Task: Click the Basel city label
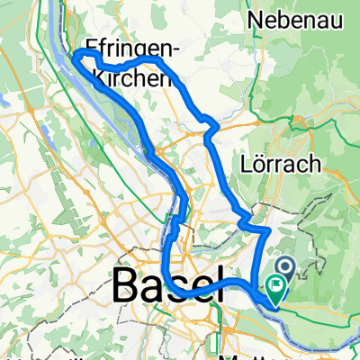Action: click(167, 287)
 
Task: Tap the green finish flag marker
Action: click(274, 289)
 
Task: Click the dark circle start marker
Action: click(285, 265)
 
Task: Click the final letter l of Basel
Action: click(216, 287)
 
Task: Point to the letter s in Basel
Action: click(175, 289)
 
